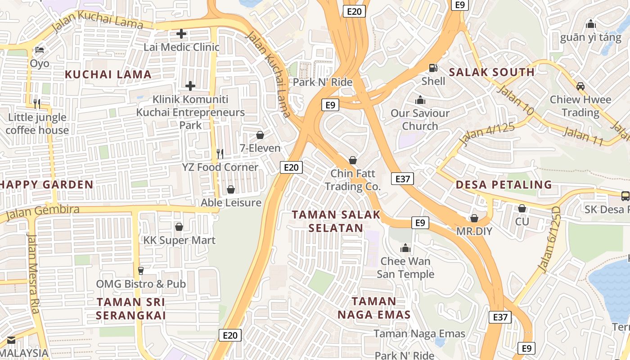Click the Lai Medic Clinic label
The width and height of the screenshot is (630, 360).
point(181,47)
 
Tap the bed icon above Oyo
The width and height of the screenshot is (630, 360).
point(40,49)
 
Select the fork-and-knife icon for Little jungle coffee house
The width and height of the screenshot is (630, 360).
point(37,104)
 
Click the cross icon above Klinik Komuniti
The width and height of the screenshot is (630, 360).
point(190,85)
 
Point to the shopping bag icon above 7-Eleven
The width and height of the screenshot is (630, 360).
point(260,135)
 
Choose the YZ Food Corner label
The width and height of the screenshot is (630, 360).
point(220,167)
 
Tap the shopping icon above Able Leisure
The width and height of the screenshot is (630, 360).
point(231,189)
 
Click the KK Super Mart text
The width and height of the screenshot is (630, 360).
point(179,240)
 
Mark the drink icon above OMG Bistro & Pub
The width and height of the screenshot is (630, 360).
point(141,270)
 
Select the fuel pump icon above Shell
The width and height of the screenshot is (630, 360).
point(433,68)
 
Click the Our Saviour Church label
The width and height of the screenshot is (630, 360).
point(420,119)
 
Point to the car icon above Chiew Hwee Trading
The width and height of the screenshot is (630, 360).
point(580,86)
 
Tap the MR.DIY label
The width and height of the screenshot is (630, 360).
point(474,231)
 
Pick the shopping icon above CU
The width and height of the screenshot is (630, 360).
point(522,208)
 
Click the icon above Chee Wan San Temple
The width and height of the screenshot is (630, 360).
point(405,248)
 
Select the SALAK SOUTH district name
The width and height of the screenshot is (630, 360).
point(492,72)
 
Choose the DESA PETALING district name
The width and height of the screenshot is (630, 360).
point(504,184)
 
